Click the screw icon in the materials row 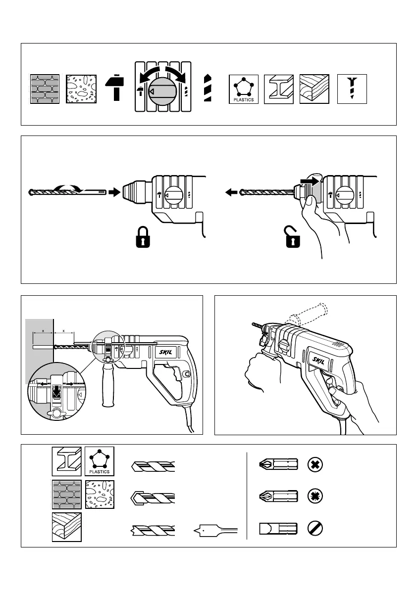pos(352,89)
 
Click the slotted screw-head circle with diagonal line pos(315,529)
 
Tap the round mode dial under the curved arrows pos(162,91)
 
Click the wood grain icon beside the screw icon pos(314,89)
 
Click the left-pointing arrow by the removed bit pos(231,192)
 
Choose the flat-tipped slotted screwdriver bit pos(278,529)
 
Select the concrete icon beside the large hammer pos(81,89)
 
